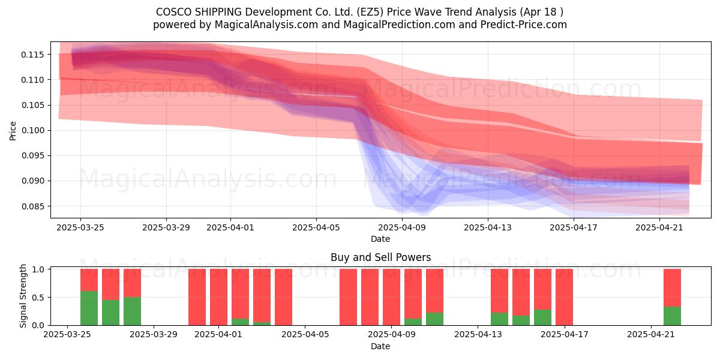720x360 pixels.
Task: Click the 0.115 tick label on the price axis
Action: (32, 55)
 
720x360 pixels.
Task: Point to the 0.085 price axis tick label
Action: (32, 206)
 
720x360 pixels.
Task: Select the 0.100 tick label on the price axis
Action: (32, 131)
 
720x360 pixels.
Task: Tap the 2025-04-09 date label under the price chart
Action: (402, 227)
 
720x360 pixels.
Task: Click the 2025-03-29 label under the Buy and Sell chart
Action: (154, 334)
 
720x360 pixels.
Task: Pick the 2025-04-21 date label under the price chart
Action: (659, 227)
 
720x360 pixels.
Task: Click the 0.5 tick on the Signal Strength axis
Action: (38, 298)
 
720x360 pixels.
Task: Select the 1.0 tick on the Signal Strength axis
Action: (38, 269)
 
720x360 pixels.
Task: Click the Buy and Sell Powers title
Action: (380, 257)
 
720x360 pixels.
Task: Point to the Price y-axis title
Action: (13, 131)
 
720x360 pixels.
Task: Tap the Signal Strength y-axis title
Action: (23, 296)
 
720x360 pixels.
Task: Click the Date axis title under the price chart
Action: (380, 239)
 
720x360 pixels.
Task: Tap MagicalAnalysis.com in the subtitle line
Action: (266, 25)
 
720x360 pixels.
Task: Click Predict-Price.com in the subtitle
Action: (524, 25)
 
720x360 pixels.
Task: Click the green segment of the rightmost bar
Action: (672, 316)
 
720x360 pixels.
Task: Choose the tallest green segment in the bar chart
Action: (89, 308)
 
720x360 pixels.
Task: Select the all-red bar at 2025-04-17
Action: (564, 297)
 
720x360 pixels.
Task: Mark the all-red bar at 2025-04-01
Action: (218, 297)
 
